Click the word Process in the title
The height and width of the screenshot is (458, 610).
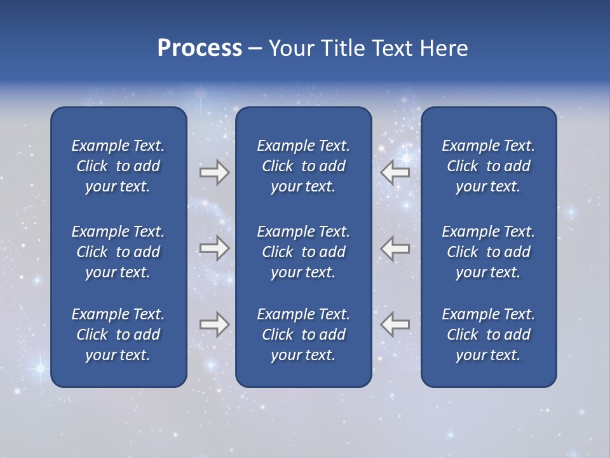[x=200, y=48]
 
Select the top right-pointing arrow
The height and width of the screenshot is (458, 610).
[x=214, y=172]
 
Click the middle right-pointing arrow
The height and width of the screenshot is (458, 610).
[x=214, y=248]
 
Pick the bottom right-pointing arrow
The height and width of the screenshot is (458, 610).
[x=214, y=324]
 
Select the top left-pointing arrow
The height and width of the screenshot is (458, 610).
[x=395, y=172]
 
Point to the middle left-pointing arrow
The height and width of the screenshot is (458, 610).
[x=395, y=248]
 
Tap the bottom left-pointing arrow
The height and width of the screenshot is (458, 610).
[x=395, y=324]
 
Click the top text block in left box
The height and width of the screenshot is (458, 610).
[x=118, y=166]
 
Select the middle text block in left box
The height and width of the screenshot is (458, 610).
[x=118, y=252]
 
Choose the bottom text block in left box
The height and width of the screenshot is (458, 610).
[x=118, y=335]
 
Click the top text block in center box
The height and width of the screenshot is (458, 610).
[x=303, y=166]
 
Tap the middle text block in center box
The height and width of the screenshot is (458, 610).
[x=303, y=252]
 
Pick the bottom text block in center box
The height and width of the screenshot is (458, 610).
[x=303, y=335]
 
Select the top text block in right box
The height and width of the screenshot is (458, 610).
[x=489, y=166]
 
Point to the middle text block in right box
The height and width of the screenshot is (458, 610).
[x=489, y=252]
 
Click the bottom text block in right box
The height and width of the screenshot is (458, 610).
[x=489, y=335]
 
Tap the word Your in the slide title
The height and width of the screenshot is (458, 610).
[x=290, y=48]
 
